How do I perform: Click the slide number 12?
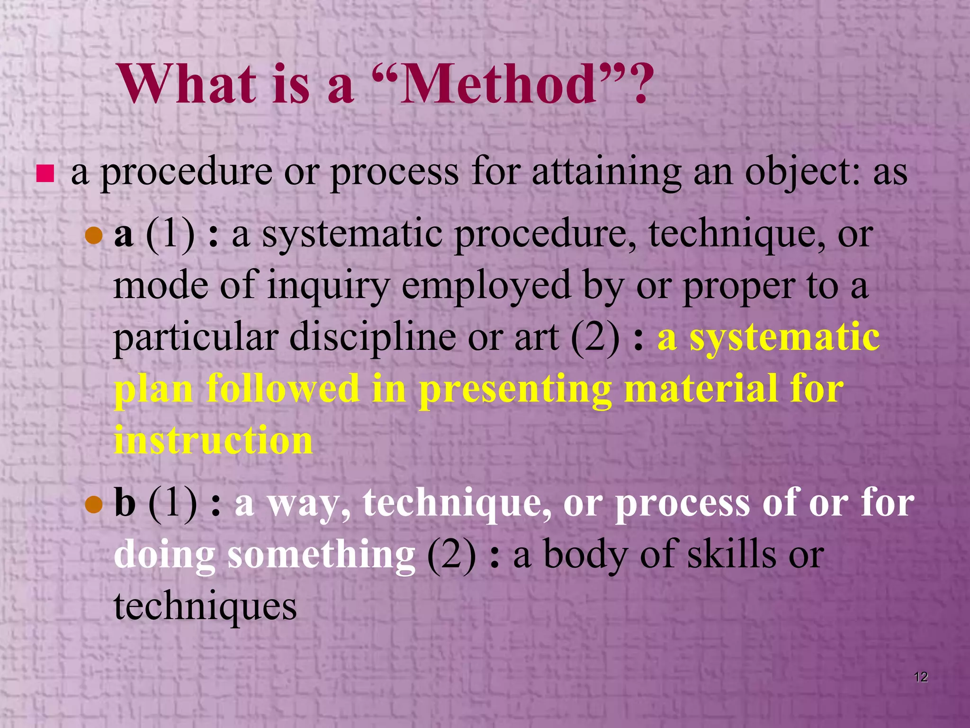[920, 677]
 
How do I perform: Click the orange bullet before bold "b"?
[94, 505]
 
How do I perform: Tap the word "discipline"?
[373, 337]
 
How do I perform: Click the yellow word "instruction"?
[214, 440]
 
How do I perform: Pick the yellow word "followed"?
[283, 389]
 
